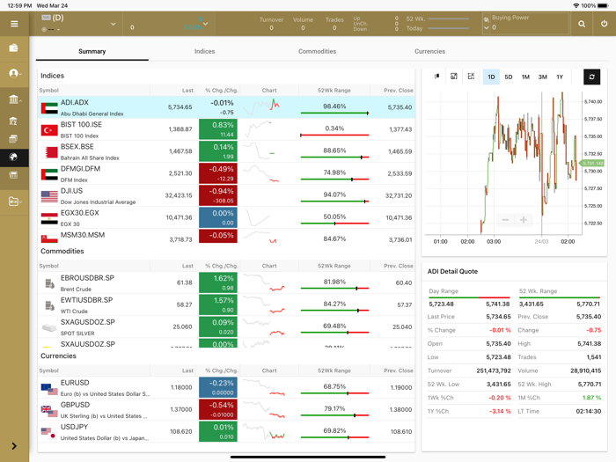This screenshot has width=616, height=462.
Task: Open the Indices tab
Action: point(204,51)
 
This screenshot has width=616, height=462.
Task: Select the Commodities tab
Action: point(317,51)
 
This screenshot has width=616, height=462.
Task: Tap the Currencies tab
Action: point(429,51)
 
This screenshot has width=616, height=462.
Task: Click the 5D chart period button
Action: point(508,77)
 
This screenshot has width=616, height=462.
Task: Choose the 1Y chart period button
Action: point(560,77)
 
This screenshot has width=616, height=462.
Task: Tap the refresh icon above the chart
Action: point(591,77)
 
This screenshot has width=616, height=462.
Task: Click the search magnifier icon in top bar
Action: point(582,24)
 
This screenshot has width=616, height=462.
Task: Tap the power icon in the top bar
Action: point(604,24)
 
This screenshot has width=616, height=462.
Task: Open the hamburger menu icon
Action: point(14,24)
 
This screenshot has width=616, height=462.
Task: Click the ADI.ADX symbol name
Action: point(75,103)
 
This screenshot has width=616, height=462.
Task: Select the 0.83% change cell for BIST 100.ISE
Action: point(224,129)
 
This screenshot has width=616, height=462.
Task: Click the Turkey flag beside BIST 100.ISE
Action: point(49,129)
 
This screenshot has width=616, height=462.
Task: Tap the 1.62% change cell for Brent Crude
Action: point(224,282)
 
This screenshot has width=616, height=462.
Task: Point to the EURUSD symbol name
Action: point(76,383)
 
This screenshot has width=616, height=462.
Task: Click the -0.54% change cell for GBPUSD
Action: point(224,410)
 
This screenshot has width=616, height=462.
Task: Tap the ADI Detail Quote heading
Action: point(452,271)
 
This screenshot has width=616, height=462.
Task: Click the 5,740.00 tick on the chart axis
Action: point(592,102)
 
